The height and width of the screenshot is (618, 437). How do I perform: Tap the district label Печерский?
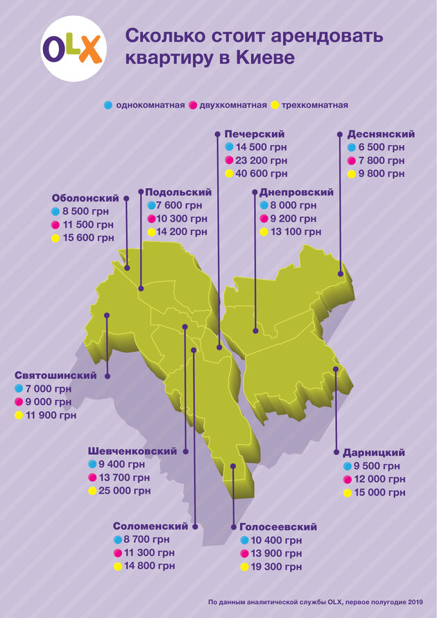[255, 133]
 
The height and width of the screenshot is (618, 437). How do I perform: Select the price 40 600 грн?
[261, 174]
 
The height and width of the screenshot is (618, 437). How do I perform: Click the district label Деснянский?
[381, 134]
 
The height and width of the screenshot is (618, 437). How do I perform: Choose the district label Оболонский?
[85, 198]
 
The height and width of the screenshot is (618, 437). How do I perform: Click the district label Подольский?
[179, 192]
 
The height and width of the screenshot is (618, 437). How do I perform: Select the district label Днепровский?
[296, 192]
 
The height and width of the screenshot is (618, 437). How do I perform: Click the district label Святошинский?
[55, 376]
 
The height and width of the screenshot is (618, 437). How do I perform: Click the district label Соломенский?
[151, 526]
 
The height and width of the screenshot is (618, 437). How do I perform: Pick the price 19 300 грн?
[277, 567]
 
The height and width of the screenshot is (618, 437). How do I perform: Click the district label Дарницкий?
[374, 452]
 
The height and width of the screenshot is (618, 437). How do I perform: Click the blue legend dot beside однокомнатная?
[108, 105]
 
